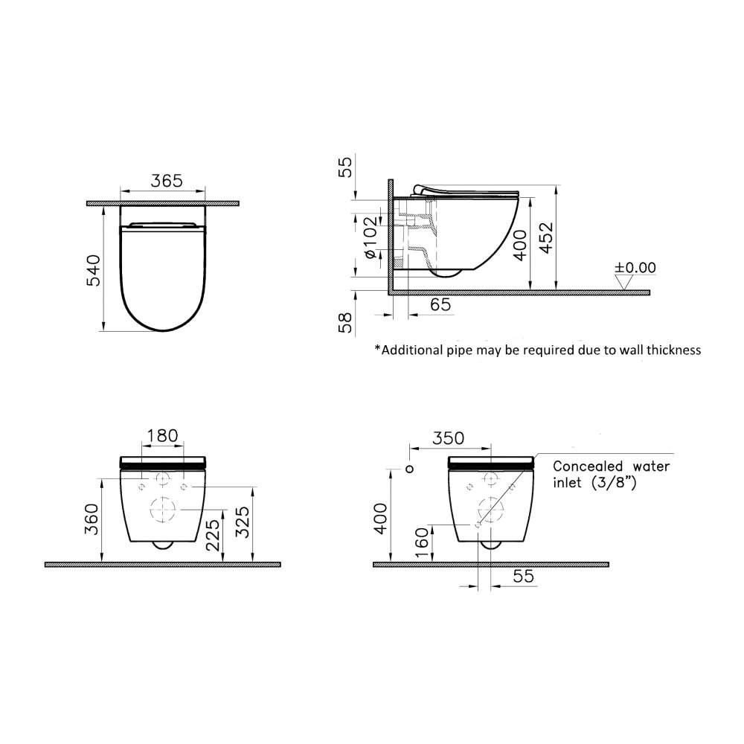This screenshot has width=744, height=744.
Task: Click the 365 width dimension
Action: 167,182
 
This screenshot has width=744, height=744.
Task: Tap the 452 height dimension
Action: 547,238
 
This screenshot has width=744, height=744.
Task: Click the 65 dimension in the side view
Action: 440,304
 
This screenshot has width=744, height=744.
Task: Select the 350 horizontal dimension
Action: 449,438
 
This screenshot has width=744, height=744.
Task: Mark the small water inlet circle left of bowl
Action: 408,469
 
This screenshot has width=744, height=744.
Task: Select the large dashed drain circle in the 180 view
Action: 163,510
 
